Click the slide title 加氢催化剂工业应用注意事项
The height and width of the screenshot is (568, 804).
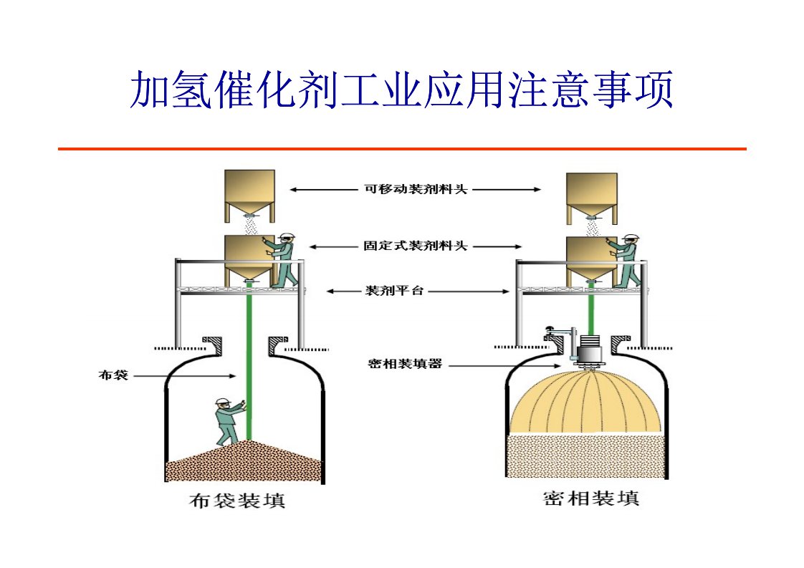[401, 90]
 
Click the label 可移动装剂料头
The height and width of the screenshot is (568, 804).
[416, 190]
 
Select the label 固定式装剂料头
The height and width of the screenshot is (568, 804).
[416, 246]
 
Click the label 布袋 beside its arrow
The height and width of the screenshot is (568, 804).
[113, 374]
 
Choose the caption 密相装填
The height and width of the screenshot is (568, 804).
[591, 497]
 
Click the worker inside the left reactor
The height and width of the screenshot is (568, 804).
[229, 422]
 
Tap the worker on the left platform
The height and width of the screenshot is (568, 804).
[284, 259]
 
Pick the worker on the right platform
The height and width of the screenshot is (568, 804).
[626, 259]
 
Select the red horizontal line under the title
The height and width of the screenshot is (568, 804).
[401, 149]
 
